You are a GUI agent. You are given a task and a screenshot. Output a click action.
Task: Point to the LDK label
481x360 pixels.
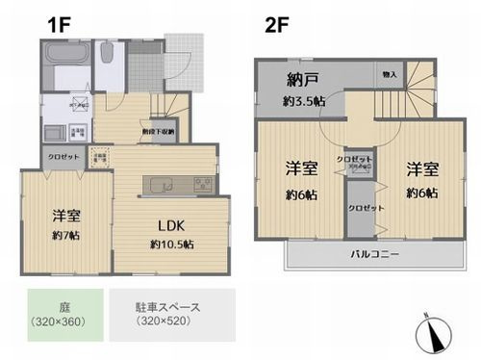[x=171, y=226]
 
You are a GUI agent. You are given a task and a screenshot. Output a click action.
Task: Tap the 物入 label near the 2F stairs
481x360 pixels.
[x=389, y=73]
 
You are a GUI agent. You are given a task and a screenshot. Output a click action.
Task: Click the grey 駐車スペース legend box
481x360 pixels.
[x=170, y=314]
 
